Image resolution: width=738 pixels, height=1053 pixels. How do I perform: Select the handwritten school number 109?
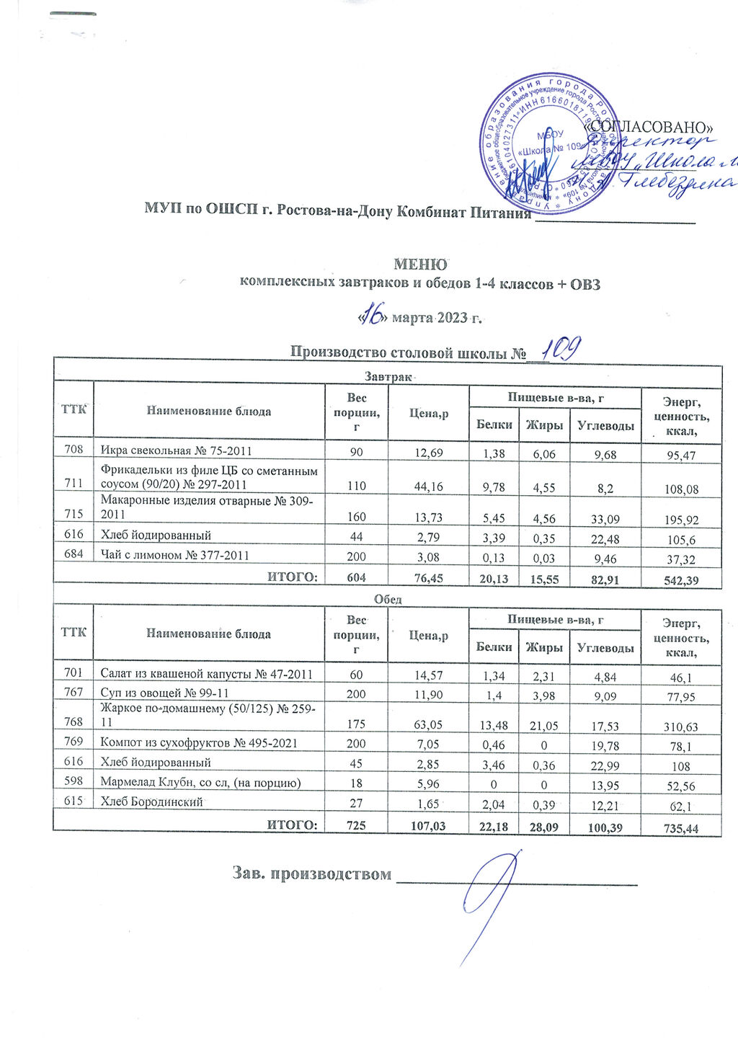pyautogui.click(x=561, y=351)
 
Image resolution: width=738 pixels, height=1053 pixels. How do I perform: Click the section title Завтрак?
pyautogui.click(x=387, y=376)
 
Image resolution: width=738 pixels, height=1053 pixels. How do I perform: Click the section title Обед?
pyautogui.click(x=387, y=599)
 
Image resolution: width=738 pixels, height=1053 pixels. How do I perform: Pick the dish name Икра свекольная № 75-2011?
pyautogui.click(x=176, y=452)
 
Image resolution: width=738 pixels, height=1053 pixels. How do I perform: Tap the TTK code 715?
pyautogui.click(x=73, y=516)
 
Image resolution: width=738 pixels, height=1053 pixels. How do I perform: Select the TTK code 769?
pyautogui.click(x=73, y=742)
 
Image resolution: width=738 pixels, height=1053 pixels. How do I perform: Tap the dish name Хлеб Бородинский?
pyautogui.click(x=152, y=801)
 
